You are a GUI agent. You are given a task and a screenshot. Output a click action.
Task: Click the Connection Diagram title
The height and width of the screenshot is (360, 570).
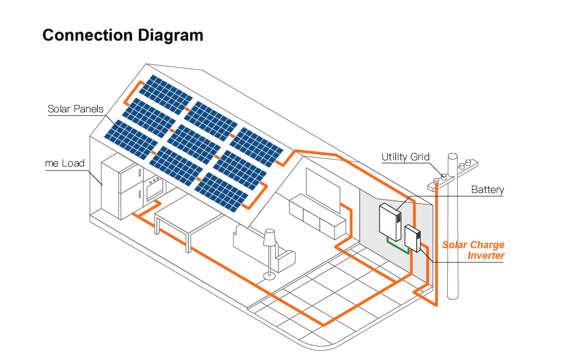[x=123, y=35]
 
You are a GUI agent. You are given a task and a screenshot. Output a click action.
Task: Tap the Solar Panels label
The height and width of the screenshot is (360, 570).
[x=76, y=109]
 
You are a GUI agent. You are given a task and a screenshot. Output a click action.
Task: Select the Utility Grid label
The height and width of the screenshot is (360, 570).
[x=405, y=157]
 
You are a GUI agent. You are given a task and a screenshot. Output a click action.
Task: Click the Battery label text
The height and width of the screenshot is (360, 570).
[x=487, y=190]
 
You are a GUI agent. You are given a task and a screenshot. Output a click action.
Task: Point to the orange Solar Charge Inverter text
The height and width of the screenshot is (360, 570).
[x=474, y=250]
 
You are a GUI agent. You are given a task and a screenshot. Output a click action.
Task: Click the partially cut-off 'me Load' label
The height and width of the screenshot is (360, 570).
[x=64, y=164]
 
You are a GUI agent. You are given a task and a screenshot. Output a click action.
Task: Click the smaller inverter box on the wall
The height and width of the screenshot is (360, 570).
[x=413, y=238]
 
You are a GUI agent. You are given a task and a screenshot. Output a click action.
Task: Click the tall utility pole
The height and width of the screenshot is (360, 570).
[x=453, y=237]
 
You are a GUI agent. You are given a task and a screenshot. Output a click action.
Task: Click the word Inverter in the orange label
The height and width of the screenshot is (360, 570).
[x=486, y=256]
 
